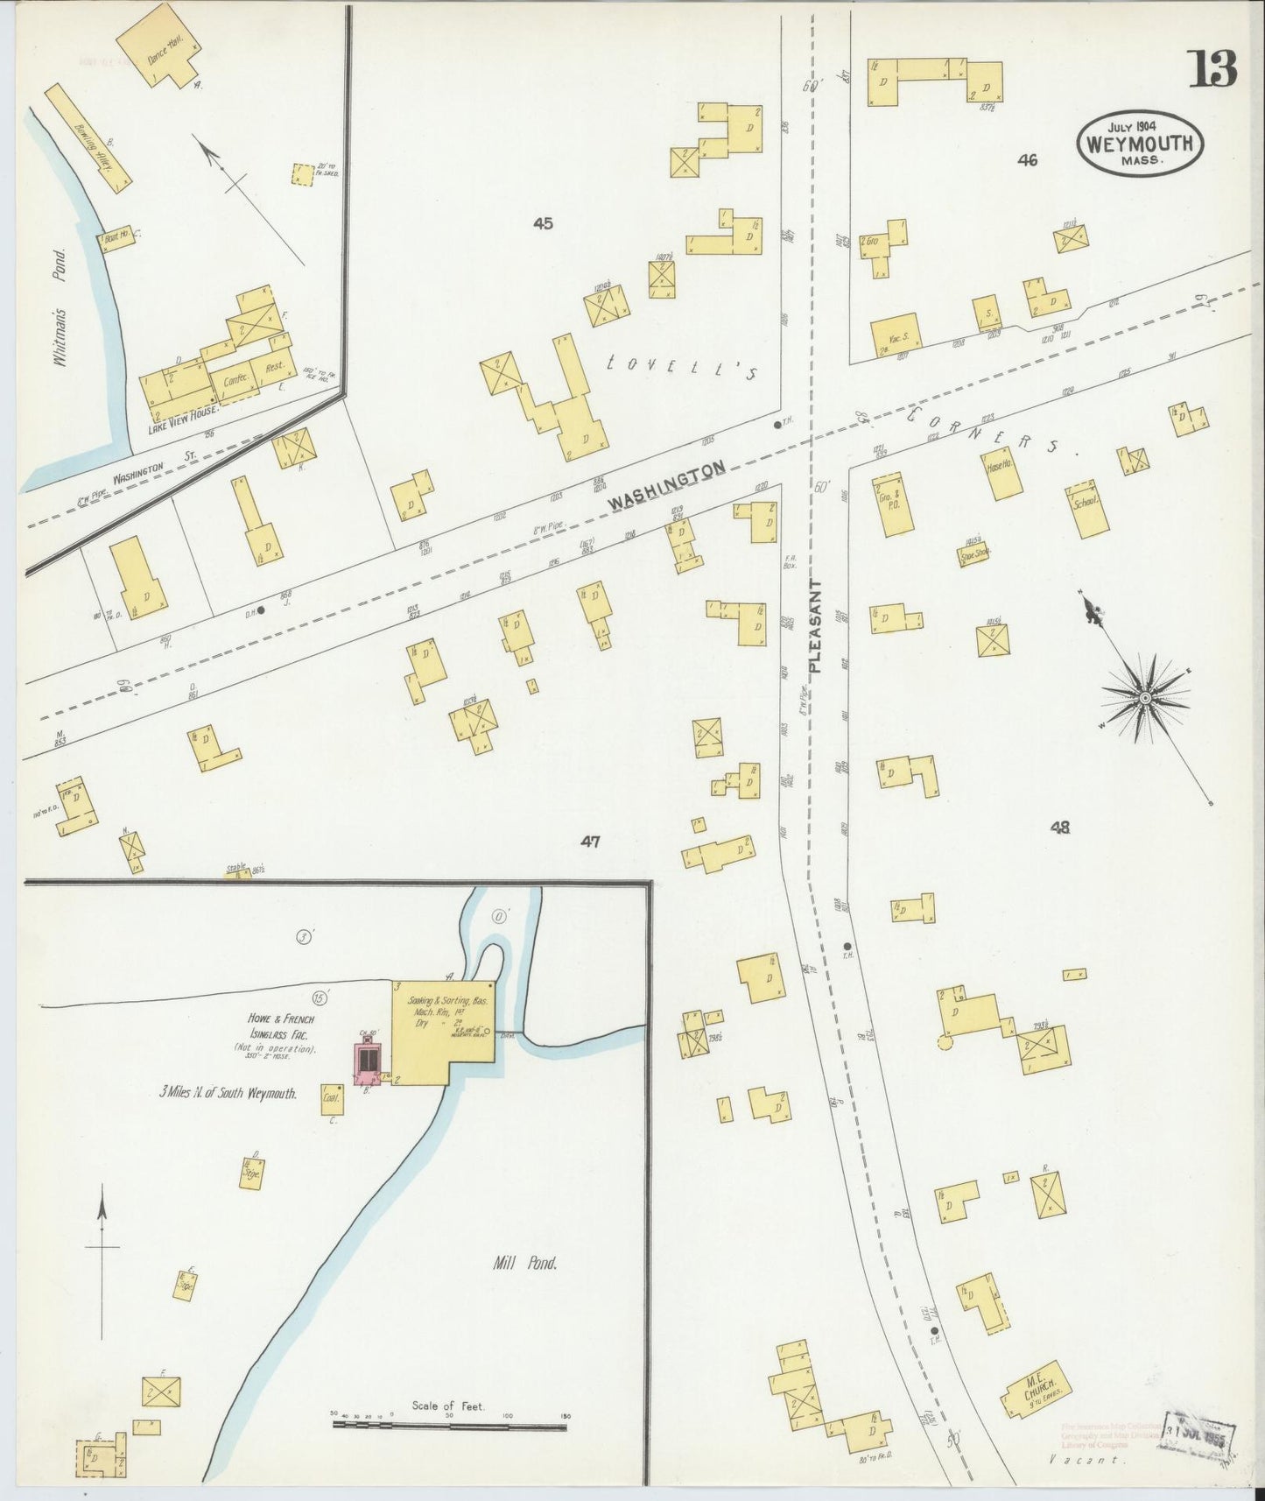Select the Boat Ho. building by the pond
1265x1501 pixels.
click(x=116, y=238)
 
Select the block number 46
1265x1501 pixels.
click(x=1028, y=159)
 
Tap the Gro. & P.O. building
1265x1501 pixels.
click(x=893, y=504)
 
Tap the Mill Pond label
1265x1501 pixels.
click(x=527, y=1262)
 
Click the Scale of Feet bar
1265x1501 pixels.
click(x=449, y=1425)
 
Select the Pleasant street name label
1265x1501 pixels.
click(x=815, y=625)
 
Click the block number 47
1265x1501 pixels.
click(x=590, y=842)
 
